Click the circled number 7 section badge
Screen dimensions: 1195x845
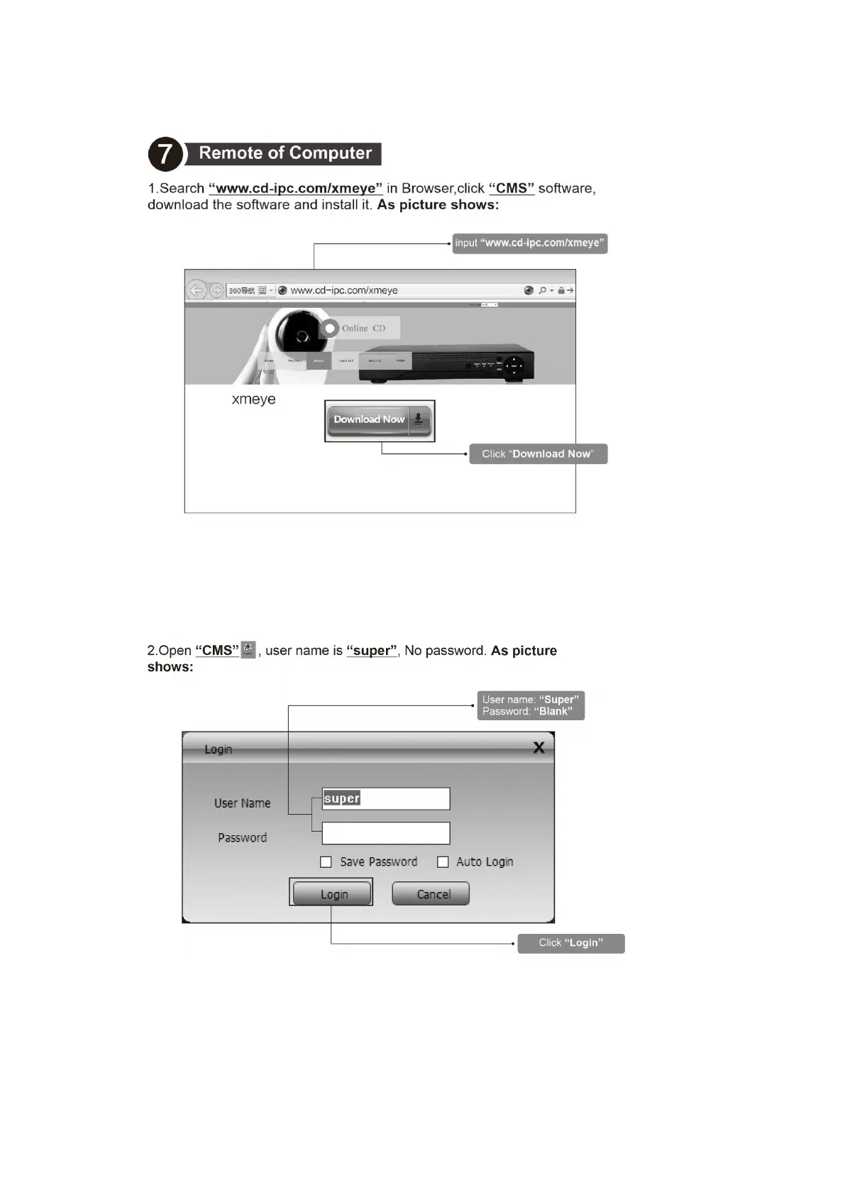pos(165,153)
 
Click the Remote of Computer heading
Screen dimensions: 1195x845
pos(285,153)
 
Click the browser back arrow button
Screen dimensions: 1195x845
pos(197,290)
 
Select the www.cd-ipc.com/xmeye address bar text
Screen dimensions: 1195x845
pos(344,290)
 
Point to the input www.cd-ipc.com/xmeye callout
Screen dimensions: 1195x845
pos(529,243)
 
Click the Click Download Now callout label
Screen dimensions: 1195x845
pos(538,454)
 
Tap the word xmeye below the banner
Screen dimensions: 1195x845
pos(253,400)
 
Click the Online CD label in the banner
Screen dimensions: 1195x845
pos(363,329)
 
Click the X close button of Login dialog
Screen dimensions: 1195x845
pos(539,747)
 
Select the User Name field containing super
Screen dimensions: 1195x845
pos(385,799)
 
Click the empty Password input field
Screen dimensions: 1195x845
pos(385,833)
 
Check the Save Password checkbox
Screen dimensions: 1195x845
pos(326,862)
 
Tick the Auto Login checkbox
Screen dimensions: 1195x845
pos(443,862)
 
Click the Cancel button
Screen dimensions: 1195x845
pos(431,894)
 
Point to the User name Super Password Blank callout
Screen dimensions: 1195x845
pos(531,705)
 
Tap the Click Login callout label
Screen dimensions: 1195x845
pos(570,943)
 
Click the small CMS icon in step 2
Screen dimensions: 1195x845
pos(248,649)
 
